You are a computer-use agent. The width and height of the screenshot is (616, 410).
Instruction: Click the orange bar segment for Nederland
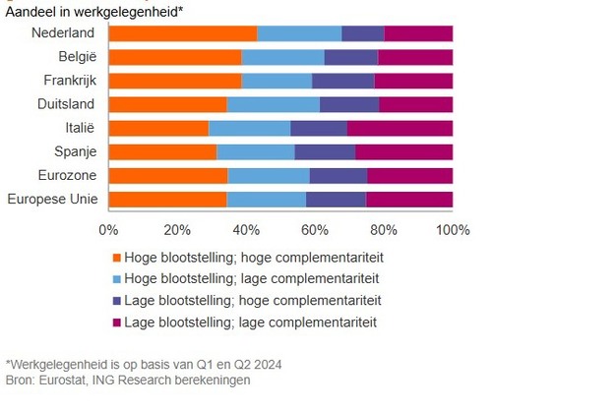pyautogui.click(x=183, y=33)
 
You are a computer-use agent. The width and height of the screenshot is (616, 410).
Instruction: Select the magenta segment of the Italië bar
pyautogui.click(x=400, y=128)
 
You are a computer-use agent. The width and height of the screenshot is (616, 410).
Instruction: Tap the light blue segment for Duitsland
pyautogui.click(x=274, y=104)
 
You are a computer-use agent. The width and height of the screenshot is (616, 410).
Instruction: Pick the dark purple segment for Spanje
pyautogui.click(x=325, y=151)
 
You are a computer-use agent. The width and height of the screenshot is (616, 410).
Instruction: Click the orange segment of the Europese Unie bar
pyautogui.click(x=167, y=200)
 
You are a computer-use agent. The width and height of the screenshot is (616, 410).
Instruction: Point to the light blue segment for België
pyautogui.click(x=282, y=57)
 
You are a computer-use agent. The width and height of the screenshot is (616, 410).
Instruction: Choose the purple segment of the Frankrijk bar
pyautogui.click(x=342, y=81)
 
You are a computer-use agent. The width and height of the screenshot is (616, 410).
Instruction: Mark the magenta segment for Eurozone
pyautogui.click(x=409, y=176)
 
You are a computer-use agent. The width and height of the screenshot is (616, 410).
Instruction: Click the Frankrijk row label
pyautogui.click(x=69, y=80)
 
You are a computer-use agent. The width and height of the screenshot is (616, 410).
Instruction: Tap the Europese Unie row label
pyautogui.click(x=50, y=200)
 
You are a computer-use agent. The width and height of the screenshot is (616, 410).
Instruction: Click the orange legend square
pyautogui.click(x=116, y=257)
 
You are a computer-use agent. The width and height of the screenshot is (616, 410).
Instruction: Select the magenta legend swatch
pyautogui.click(x=116, y=322)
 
